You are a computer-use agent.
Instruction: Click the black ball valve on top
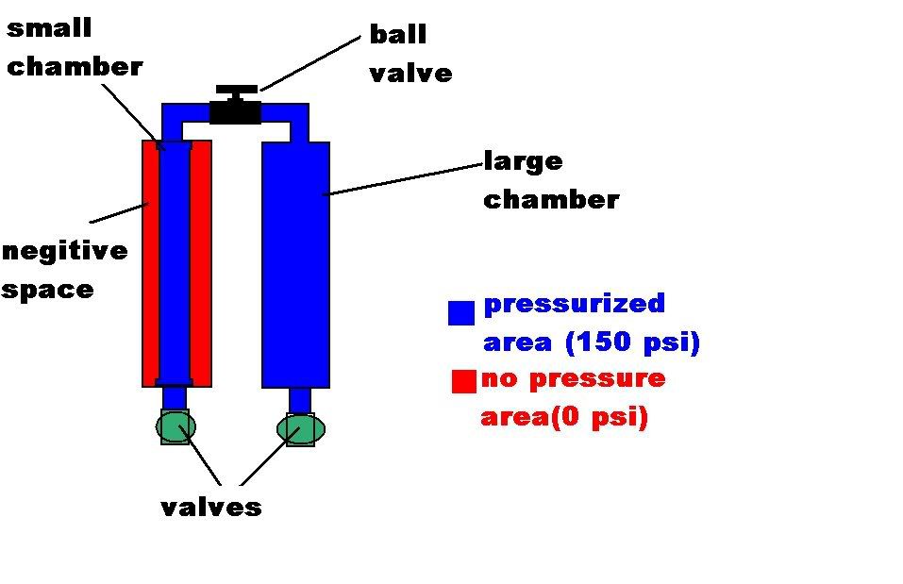click(x=235, y=108)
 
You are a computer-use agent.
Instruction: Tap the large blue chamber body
click(x=295, y=264)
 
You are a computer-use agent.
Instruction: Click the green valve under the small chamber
click(x=176, y=427)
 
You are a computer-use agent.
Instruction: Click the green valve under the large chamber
click(x=301, y=430)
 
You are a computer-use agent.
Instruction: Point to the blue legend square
click(x=461, y=313)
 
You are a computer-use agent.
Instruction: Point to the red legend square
click(x=463, y=381)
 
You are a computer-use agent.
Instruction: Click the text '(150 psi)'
click(x=632, y=342)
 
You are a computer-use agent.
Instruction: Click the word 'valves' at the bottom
click(x=210, y=507)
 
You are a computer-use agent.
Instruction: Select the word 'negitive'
click(x=64, y=252)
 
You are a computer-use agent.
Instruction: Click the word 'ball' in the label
click(x=397, y=36)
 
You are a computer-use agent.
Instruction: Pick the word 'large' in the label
click(x=523, y=162)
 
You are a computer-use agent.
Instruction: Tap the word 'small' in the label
click(x=49, y=27)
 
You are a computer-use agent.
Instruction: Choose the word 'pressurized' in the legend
click(x=574, y=305)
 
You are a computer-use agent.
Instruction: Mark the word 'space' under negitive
click(x=47, y=290)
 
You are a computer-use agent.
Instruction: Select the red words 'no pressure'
click(x=573, y=379)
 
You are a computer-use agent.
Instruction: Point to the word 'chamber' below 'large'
click(x=551, y=200)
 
